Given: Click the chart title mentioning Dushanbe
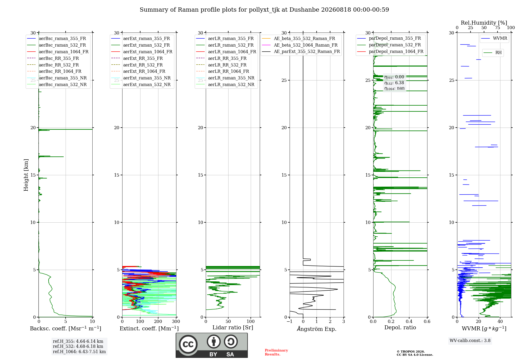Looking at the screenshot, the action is tap(264, 10).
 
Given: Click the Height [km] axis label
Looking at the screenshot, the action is tap(26, 175).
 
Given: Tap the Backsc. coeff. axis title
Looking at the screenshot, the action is tap(66, 328).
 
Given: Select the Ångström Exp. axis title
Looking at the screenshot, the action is tap(317, 329).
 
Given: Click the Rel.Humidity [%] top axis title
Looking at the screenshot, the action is tap(484, 23).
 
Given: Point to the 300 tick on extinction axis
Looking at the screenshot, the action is tap(176, 322).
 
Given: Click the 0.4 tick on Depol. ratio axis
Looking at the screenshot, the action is tap(409, 322).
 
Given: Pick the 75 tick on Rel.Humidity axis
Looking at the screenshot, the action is tap(498, 28).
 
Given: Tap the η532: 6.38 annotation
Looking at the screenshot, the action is tap(394, 83).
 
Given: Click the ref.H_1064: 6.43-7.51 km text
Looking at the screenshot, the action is tap(79, 352).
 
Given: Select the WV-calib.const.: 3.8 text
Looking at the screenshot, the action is tap(470, 341).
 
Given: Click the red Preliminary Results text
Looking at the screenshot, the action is tap(276, 352).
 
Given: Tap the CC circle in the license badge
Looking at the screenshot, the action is tap(188, 344).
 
